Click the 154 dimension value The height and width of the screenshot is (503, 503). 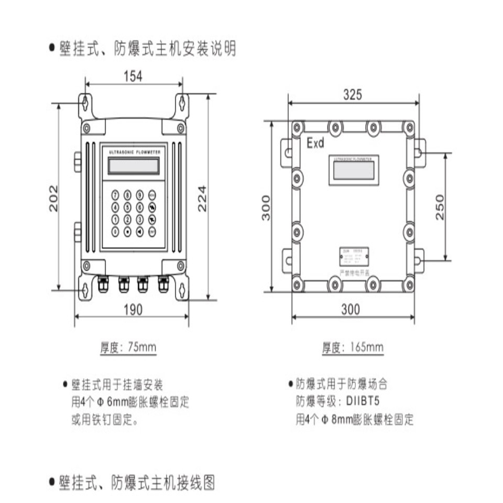pyautogui.click(x=133, y=76)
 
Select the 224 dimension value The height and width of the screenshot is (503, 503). pyautogui.click(x=202, y=198)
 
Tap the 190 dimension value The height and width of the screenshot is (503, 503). pyautogui.click(x=133, y=310)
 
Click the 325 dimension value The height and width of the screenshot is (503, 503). pyautogui.click(x=352, y=95)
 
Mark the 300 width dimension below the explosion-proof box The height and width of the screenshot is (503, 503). pyautogui.click(x=351, y=309)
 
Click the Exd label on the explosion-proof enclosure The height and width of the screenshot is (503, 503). pyautogui.click(x=315, y=143)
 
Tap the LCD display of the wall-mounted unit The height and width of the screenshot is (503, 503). pyautogui.click(x=133, y=166)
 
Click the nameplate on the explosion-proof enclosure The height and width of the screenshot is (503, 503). pyautogui.click(x=354, y=258)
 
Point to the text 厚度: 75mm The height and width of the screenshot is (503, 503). pyautogui.click(x=128, y=347)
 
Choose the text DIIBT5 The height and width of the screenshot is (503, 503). pyautogui.click(x=366, y=402)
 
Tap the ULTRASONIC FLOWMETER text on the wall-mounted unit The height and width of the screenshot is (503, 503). pyautogui.click(x=133, y=151)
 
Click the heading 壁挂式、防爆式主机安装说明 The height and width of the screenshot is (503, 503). pyautogui.click(x=147, y=49)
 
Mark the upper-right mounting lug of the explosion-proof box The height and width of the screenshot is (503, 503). pyautogui.click(x=420, y=149)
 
